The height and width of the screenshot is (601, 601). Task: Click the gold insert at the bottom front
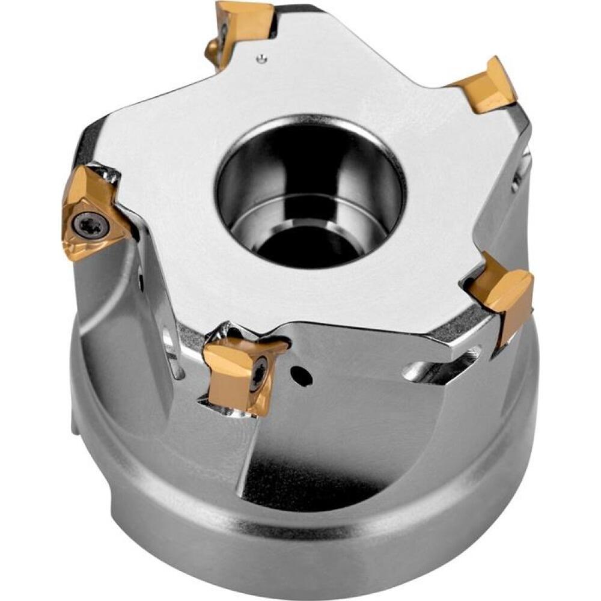pyautogui.click(x=240, y=373)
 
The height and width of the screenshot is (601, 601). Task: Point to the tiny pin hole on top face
pyautogui.click(x=260, y=58)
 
